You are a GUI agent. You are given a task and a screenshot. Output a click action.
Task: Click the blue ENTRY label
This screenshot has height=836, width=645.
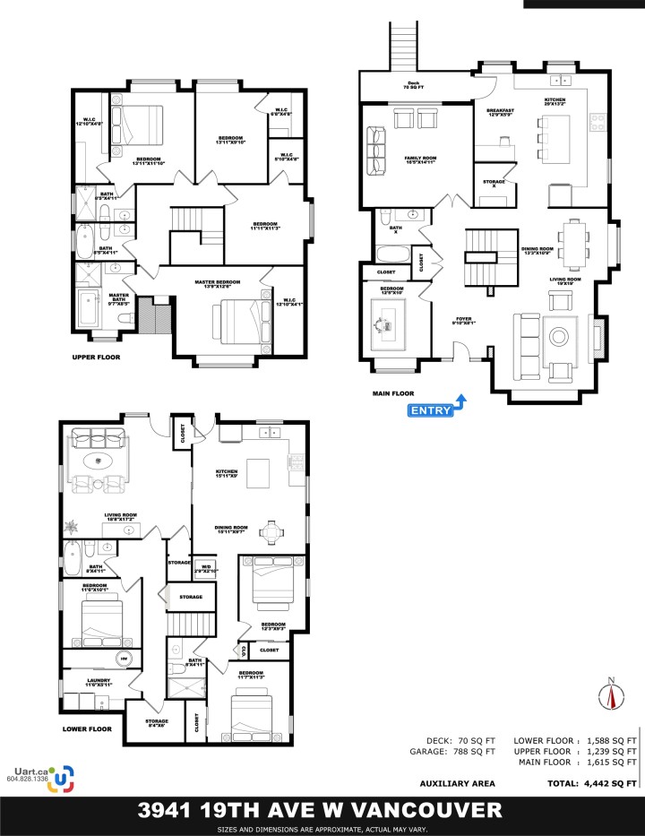pyautogui.click(x=431, y=410)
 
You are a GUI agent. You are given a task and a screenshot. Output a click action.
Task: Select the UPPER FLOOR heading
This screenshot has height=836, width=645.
pyautogui.click(x=97, y=357)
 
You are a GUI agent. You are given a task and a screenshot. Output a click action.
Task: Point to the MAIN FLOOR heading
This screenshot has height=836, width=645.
pyautogui.click(x=395, y=392)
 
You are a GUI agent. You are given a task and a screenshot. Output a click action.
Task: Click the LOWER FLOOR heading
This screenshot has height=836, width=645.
pyautogui.click(x=87, y=729)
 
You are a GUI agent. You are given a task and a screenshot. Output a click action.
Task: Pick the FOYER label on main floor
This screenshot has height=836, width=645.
pyautogui.click(x=463, y=317)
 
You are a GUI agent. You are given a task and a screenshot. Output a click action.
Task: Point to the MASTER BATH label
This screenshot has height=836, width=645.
pyautogui.click(x=120, y=298)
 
